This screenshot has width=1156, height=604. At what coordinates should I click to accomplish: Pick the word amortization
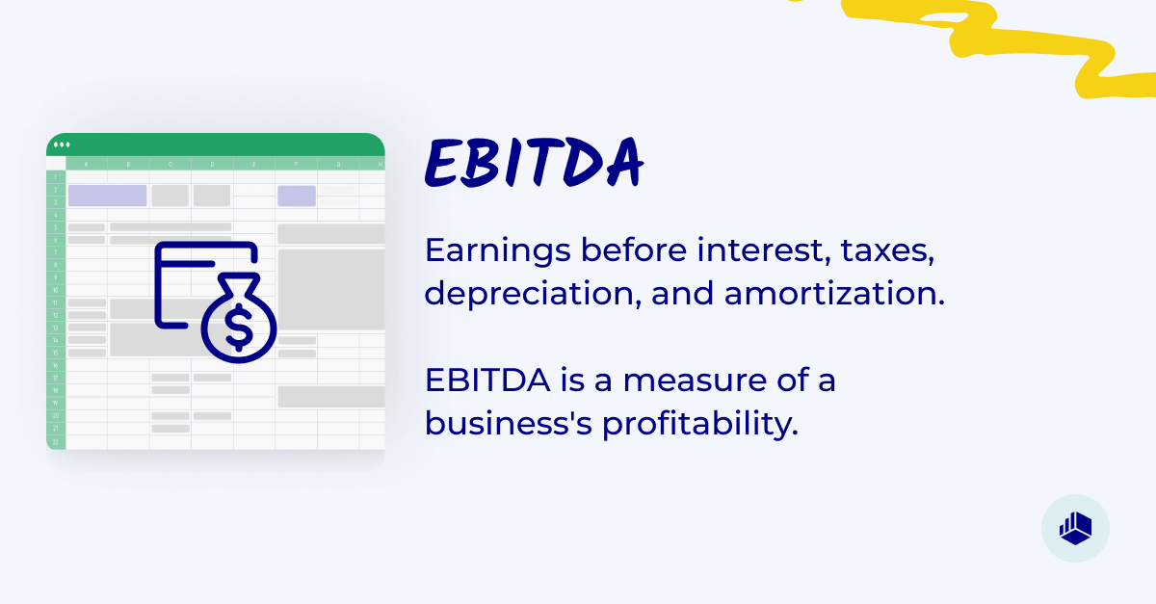833,293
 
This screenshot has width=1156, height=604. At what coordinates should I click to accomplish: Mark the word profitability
700,423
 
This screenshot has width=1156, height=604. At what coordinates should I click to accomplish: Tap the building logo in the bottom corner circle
1075,528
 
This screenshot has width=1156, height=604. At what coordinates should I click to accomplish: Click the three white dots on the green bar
62,144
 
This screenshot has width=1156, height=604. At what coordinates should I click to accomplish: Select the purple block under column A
107,196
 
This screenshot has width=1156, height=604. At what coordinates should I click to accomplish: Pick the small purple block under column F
297,196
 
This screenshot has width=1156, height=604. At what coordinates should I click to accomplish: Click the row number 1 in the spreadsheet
56,177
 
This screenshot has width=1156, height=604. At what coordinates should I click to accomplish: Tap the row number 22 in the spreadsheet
56,441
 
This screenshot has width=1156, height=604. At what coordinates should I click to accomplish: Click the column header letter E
254,164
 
